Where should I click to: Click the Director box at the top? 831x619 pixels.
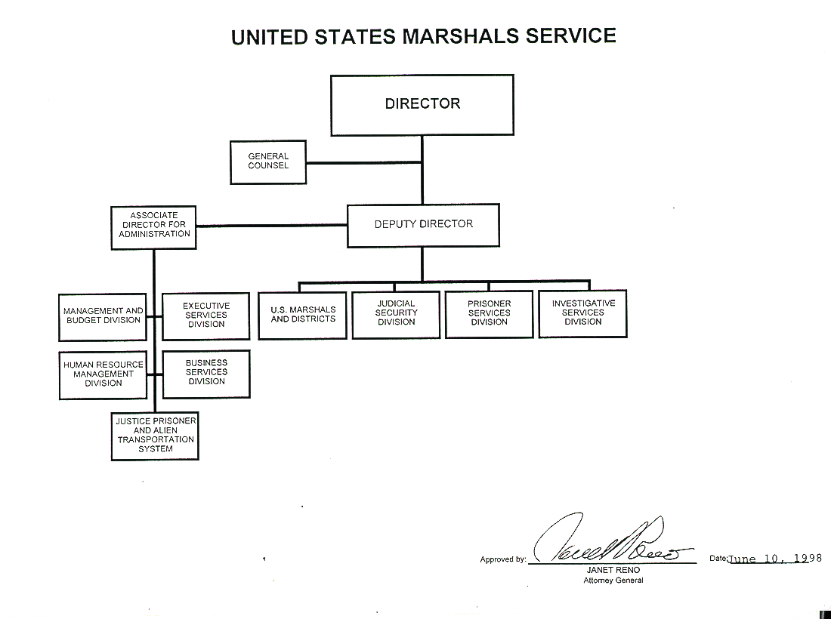point(422,104)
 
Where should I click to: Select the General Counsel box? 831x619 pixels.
point(268,162)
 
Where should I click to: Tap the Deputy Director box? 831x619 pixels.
point(423,224)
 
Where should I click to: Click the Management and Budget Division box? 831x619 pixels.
point(103,316)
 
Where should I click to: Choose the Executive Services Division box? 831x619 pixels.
point(206,316)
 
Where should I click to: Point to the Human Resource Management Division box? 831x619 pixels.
point(103,374)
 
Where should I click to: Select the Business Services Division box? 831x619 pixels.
point(206,372)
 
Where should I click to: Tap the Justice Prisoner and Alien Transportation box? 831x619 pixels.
point(155,435)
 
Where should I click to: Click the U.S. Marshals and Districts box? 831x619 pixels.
point(303,315)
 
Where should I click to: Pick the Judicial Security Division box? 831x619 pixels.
point(396,313)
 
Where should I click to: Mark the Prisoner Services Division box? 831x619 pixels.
point(490,313)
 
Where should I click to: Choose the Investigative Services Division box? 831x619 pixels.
point(583,313)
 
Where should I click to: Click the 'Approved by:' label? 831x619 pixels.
point(502,559)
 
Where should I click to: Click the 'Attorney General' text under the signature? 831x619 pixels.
point(613,581)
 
